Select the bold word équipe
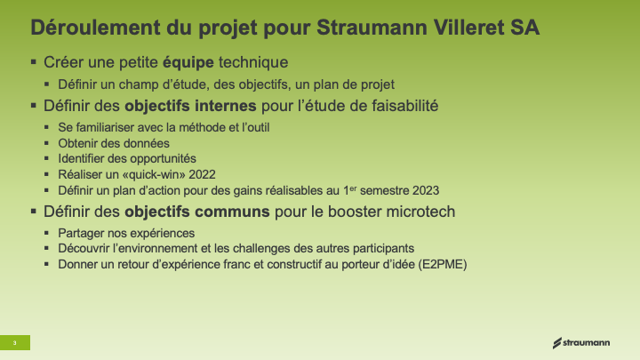(188, 63)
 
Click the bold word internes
(225, 106)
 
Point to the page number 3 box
(15, 342)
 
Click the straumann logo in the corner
(581, 343)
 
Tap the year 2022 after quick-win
(202, 175)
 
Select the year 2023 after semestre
(426, 190)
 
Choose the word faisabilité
(405, 106)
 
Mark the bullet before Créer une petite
(34, 62)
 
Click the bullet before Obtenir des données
(46, 143)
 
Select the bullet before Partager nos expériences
(46, 233)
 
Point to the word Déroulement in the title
(95, 28)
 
